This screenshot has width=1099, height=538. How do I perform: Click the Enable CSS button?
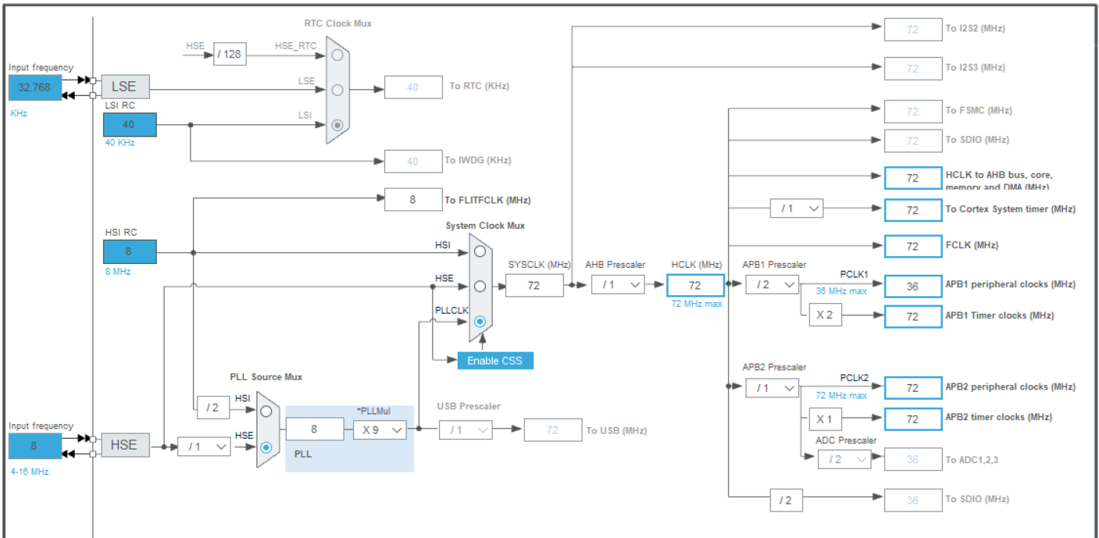(x=495, y=360)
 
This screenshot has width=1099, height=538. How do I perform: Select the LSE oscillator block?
(x=124, y=87)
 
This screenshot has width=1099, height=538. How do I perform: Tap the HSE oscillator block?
(x=124, y=444)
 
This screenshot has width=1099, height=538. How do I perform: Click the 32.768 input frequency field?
(x=34, y=87)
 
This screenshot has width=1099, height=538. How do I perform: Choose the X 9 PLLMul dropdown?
(x=380, y=429)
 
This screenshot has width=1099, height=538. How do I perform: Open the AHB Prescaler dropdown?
(x=618, y=285)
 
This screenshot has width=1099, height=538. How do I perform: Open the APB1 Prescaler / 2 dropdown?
(x=772, y=285)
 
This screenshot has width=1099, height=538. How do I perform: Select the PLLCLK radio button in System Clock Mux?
(x=480, y=321)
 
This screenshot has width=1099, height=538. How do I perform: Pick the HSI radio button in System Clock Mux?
(x=480, y=251)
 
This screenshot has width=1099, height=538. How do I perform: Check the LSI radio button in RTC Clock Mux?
(x=337, y=125)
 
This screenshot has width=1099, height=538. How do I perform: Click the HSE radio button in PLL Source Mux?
(x=266, y=447)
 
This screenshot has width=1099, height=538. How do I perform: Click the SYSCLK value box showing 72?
(x=534, y=286)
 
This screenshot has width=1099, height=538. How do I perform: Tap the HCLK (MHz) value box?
(x=695, y=286)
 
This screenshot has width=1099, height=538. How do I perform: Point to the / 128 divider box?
(x=230, y=54)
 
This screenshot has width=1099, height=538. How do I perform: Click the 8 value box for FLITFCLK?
(x=412, y=200)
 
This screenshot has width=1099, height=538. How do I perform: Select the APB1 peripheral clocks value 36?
(x=913, y=286)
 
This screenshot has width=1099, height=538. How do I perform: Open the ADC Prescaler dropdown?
(x=844, y=460)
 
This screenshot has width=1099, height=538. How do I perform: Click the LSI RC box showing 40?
(x=130, y=125)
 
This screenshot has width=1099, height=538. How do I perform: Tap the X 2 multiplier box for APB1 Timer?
(x=825, y=315)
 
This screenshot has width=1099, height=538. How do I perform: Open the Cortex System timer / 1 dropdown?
(x=797, y=208)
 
